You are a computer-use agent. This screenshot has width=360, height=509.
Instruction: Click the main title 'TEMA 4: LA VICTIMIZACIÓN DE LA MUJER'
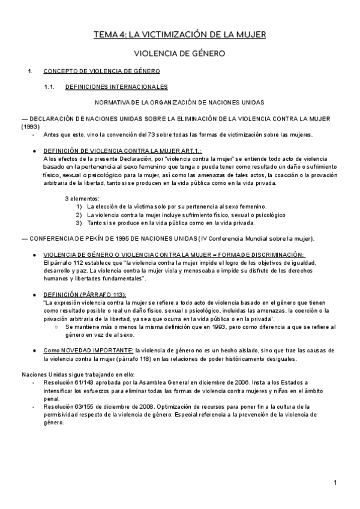pos(179,35)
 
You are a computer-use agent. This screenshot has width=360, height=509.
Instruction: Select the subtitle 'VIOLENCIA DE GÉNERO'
pos(179,54)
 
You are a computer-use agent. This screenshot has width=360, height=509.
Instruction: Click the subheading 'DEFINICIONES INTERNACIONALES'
pos(116,87)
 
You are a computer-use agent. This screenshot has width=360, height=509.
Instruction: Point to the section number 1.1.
pos(50,87)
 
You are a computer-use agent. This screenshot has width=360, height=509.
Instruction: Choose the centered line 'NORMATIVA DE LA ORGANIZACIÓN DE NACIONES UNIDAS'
pos(179,103)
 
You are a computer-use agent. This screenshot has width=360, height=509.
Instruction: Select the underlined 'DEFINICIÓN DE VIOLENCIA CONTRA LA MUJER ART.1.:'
pos(123,151)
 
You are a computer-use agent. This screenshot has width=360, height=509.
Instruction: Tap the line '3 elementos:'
pos(82,199)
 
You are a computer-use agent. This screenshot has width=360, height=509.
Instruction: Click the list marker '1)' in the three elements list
pos(79,206)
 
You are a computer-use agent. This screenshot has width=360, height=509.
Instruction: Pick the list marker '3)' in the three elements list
pos(79,222)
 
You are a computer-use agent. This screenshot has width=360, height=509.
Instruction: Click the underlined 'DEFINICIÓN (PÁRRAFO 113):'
pos(85,295)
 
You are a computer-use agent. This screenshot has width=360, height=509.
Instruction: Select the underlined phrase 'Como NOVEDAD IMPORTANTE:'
pos(89,350)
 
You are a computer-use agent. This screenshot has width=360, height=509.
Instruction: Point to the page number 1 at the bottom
pos(336,483)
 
